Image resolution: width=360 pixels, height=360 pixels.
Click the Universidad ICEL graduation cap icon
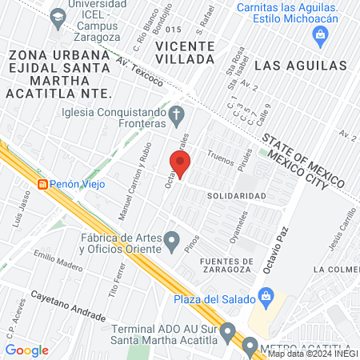click(x=57, y=17)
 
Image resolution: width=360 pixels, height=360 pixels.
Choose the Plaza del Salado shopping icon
click(x=267, y=299)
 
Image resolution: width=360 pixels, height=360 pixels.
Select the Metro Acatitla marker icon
click(x=250, y=347)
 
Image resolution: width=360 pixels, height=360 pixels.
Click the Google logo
click(x=26, y=350)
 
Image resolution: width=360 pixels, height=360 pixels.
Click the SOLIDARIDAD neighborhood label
click(x=236, y=196)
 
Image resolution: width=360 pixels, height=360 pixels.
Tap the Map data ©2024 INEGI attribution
click(x=311, y=354)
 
